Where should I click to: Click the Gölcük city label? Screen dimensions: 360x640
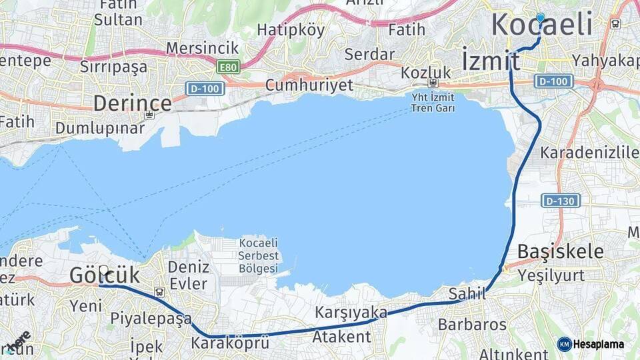tap(105, 275)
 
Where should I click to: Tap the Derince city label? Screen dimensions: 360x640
tap(132, 103)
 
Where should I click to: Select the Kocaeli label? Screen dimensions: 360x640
tap(542, 25)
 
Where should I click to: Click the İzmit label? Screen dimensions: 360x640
tap(491, 60)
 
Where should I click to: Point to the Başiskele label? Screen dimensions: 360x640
tap(561, 252)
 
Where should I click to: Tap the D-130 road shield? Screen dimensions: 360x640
tap(561, 200)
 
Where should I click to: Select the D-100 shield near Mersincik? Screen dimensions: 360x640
tap(205, 89)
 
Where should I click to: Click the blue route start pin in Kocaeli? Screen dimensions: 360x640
tap(540, 18)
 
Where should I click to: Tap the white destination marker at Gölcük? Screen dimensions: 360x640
tap(104, 271)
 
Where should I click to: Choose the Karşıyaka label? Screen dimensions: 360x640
tap(351, 312)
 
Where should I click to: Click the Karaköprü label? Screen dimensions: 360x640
tap(230, 343)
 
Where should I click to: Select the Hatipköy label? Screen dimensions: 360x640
tap(291, 30)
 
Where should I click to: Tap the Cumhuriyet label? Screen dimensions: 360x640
tap(309, 85)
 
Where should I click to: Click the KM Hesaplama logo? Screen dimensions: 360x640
tap(591, 344)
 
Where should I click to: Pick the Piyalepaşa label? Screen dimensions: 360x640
tap(151, 318)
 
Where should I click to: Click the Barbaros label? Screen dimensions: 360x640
tap(472, 325)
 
